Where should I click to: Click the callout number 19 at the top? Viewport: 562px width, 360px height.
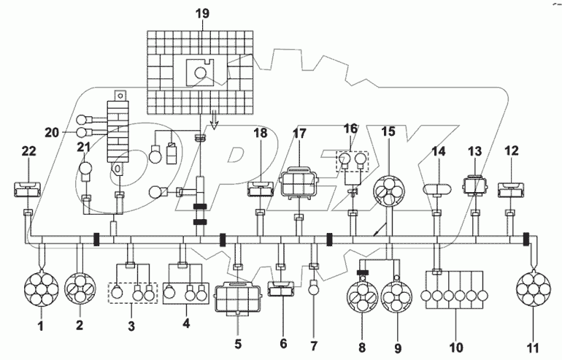tap(201, 14)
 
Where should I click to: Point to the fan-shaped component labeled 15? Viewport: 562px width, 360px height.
tap(388, 192)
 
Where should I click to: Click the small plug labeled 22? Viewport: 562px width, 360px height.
tap(28, 191)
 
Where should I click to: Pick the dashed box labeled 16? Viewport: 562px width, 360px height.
tap(353, 161)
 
